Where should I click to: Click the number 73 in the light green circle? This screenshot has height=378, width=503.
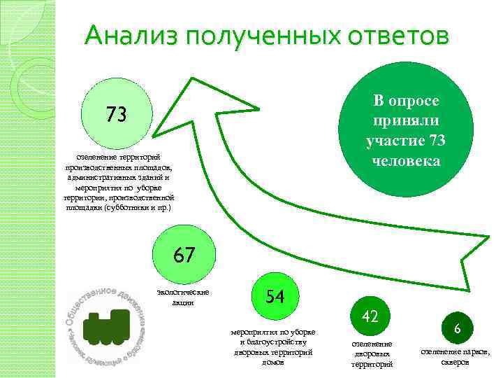[x=116, y=113]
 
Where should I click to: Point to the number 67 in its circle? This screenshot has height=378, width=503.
[x=185, y=254]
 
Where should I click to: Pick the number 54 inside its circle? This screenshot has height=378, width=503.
[x=275, y=296]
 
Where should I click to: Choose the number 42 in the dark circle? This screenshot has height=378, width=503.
[x=370, y=316]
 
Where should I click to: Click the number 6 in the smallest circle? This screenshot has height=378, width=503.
[x=456, y=328]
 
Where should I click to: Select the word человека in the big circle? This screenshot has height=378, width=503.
[x=406, y=161]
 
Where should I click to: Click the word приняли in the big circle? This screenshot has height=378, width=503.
[x=406, y=120]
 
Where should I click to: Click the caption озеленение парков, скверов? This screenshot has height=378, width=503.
[x=455, y=356]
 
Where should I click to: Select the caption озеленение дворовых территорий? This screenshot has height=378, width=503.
[x=372, y=354]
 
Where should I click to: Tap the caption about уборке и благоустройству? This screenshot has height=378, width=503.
[x=273, y=346]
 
